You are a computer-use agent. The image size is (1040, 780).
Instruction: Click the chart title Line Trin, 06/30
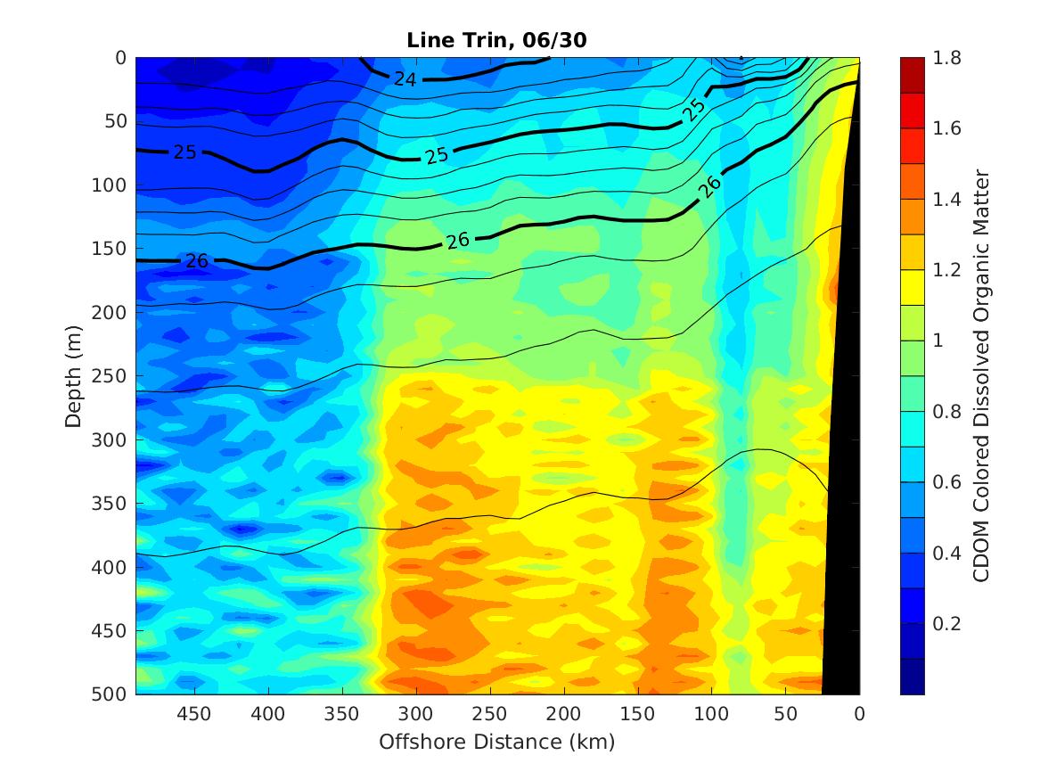click(x=495, y=40)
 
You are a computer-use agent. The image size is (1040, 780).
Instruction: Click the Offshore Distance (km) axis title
click(x=497, y=741)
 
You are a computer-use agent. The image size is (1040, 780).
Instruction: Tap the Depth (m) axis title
click(x=74, y=375)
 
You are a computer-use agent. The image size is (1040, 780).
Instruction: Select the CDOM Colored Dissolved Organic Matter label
click(x=981, y=375)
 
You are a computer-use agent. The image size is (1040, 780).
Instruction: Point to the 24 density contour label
click(x=405, y=79)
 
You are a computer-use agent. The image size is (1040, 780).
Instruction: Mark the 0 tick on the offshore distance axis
click(x=859, y=714)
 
